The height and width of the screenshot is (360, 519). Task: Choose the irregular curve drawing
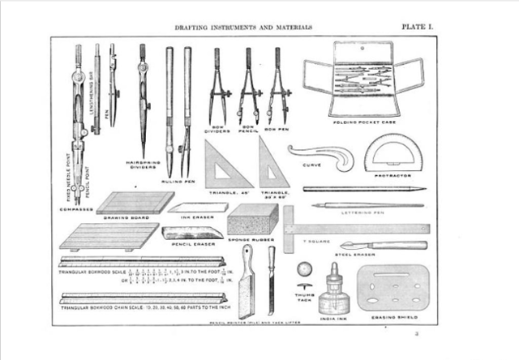pyautogui.click(x=316, y=154)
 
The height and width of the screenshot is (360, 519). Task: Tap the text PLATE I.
pyautogui.click(x=420, y=26)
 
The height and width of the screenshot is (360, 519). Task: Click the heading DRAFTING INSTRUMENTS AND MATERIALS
pyautogui.click(x=244, y=27)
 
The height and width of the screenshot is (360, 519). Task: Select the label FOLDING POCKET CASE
pyautogui.click(x=362, y=122)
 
